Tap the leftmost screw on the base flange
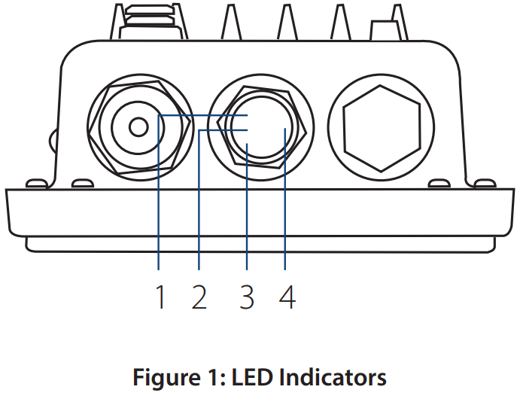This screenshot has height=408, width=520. [x=33, y=183]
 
